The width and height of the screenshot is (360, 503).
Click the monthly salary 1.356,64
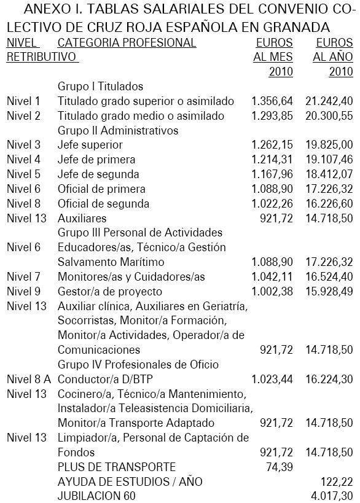tap(272, 101)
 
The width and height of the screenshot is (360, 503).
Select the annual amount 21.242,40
tap(329, 101)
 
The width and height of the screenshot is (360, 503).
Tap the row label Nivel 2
tap(23, 116)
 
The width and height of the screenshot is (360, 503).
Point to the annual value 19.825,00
tap(329, 145)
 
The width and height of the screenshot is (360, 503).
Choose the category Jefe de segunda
tap(98, 174)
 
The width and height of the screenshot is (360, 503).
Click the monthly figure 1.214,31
tap(272, 160)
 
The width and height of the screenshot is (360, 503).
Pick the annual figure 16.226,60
tap(329, 204)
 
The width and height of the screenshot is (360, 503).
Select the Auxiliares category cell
tap(82, 219)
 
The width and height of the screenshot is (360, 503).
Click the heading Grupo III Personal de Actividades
tap(139, 233)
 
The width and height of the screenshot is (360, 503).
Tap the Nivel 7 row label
tap(23, 277)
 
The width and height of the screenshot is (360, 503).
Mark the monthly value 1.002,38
tap(272, 292)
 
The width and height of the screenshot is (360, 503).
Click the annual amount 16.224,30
tap(329, 380)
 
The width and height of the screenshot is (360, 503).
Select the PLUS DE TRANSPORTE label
tap(117, 467)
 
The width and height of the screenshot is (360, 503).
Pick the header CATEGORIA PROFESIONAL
tap(127, 43)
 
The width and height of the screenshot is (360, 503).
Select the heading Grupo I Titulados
tap(100, 87)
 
